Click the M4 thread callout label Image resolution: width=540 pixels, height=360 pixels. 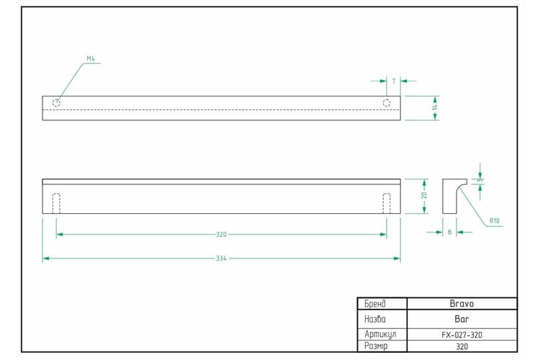pyautogui.click(x=91, y=59)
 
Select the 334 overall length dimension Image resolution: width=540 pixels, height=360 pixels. pyautogui.click(x=221, y=258)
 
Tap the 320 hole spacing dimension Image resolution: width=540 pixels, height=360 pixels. pyautogui.click(x=221, y=235)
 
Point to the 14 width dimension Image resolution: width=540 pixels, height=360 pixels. pyautogui.click(x=435, y=107)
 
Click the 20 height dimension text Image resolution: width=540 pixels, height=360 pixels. pyautogui.click(x=424, y=195)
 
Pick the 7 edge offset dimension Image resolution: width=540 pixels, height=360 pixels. pyautogui.click(x=394, y=81)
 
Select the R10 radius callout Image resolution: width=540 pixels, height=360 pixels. pyautogui.click(x=494, y=221)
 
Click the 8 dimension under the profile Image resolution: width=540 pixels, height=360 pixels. pyautogui.click(x=449, y=233)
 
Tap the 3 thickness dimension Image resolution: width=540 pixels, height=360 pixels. pyautogui.click(x=480, y=181)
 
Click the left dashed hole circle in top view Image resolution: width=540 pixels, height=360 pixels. pyautogui.click(x=56, y=103)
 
